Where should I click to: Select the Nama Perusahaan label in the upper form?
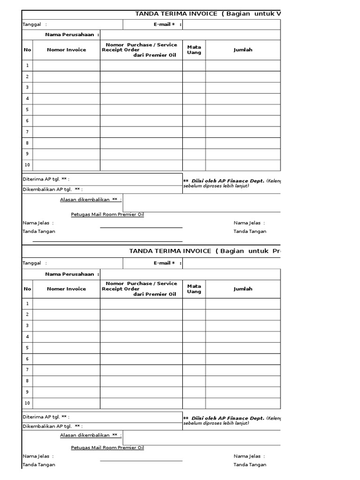pos(72,35)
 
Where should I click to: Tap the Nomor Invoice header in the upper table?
pos(66,50)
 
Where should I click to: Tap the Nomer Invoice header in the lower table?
pos(66,289)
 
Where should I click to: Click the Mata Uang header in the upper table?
pos(194,50)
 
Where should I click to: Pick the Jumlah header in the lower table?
pos(243,289)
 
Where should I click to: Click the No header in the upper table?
pos(27,50)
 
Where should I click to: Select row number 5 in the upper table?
pos(27,110)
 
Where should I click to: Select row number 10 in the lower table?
pos(27,403)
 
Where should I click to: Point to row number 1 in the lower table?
pos(27,304)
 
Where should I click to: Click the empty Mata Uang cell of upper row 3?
pos(194,88)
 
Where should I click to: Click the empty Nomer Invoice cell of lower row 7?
pos(66,370)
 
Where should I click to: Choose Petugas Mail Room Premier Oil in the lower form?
pos(107,448)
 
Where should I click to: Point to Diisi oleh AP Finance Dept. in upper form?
pos(228,181)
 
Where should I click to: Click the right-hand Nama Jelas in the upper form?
pos(249,223)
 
